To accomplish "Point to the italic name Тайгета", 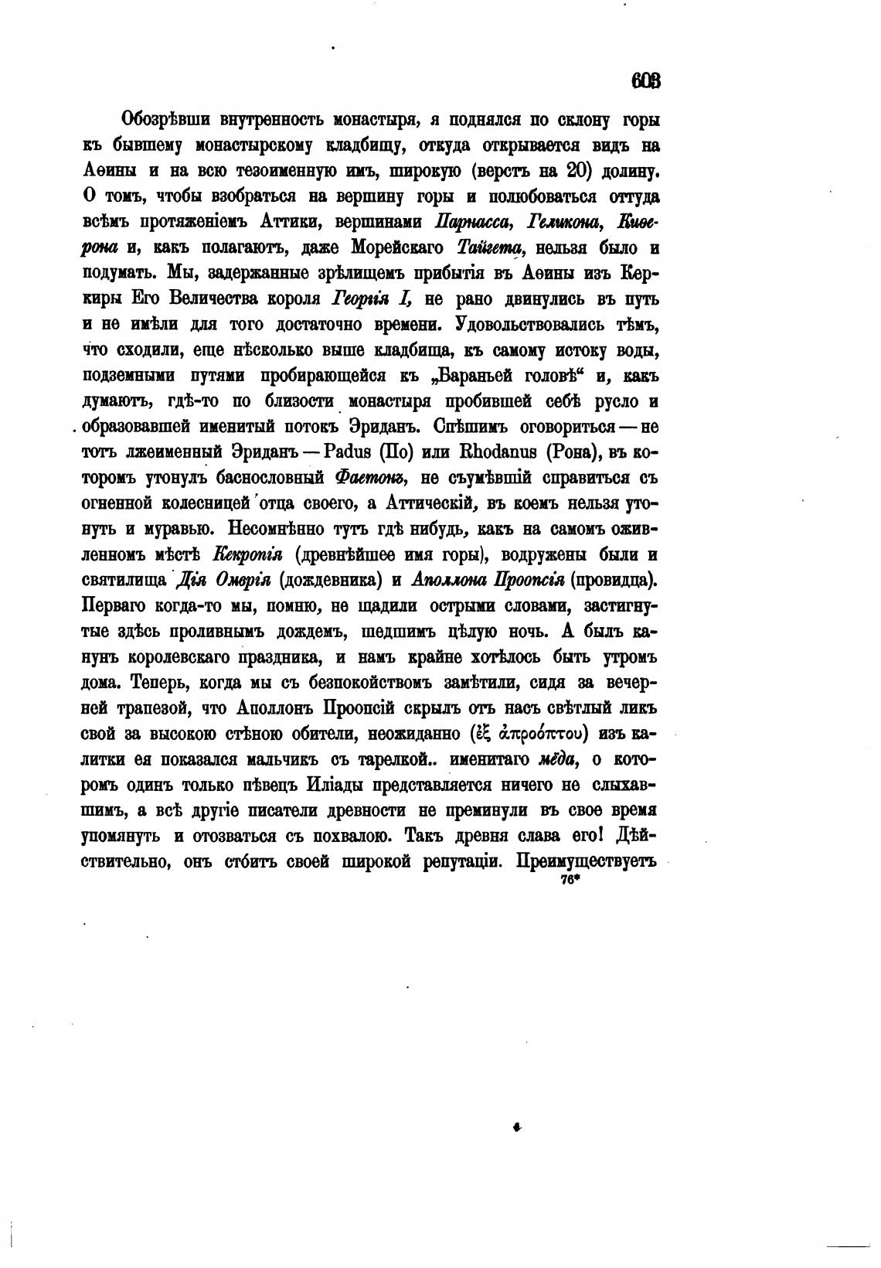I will click(492, 248).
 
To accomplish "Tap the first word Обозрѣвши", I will click(165, 121).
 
